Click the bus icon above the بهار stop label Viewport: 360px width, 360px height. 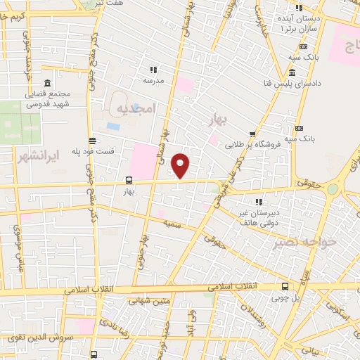(128, 179)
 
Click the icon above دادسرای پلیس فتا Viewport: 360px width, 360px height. (291, 72)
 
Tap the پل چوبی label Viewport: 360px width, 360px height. (285, 298)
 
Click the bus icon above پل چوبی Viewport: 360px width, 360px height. (285, 286)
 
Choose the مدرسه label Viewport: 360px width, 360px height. (153, 81)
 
